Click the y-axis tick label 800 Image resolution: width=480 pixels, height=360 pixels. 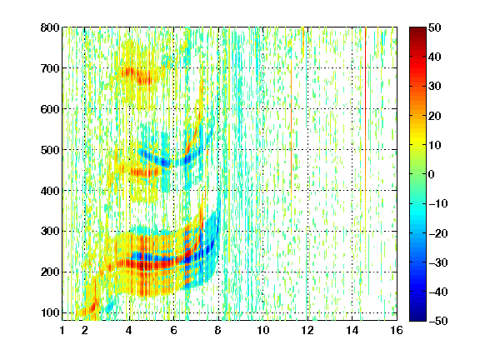point(50,27)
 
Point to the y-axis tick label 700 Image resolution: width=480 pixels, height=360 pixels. point(50,68)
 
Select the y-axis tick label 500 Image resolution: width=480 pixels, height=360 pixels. point(50,150)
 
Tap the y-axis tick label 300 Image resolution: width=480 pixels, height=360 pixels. point(50,232)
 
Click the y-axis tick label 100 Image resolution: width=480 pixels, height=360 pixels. point(50,312)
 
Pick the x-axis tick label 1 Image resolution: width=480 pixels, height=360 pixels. point(62,330)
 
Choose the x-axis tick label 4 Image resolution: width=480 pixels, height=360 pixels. point(129,330)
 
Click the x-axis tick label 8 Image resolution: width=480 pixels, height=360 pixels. point(218,330)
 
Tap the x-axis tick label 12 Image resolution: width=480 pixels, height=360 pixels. point(307,330)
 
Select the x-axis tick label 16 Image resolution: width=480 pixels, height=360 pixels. point(397,330)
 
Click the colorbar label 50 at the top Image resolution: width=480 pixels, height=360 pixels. point(435,27)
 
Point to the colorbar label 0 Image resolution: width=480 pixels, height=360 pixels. point(432,174)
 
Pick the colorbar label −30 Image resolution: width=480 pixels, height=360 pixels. point(438,262)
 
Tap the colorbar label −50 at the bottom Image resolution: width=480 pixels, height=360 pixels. point(438,321)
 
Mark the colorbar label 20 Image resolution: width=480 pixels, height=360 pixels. point(435,116)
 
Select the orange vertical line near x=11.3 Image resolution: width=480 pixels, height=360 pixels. point(291,128)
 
